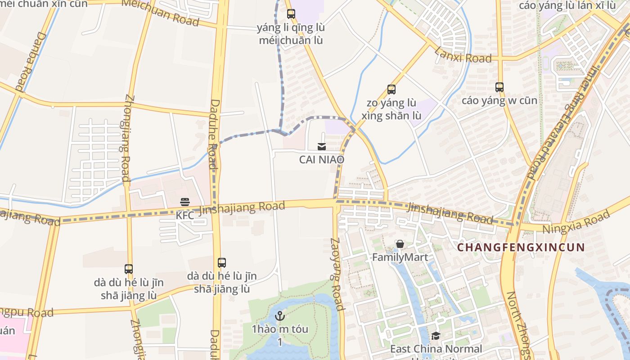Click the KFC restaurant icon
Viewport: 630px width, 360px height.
pos(185,202)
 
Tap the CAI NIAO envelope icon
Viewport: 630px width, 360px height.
pos(322,146)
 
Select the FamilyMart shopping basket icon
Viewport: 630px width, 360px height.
pos(400,244)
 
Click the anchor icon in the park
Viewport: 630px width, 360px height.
pos(280,315)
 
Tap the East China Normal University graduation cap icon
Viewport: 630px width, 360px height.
pos(435,336)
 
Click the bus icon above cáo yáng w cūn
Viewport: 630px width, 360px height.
pos(499,87)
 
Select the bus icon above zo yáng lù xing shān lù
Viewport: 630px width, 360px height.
pos(391,90)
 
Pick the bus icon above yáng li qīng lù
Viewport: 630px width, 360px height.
pos(291,14)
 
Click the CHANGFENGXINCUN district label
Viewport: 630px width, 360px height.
pos(521,247)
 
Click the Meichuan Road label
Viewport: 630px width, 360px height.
pos(161,13)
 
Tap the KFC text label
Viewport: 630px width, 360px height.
pos(185,216)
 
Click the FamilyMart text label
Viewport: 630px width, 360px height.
pos(400,258)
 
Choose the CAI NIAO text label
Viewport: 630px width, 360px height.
pos(322,160)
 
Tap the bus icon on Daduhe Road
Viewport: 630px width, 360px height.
pos(221,263)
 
